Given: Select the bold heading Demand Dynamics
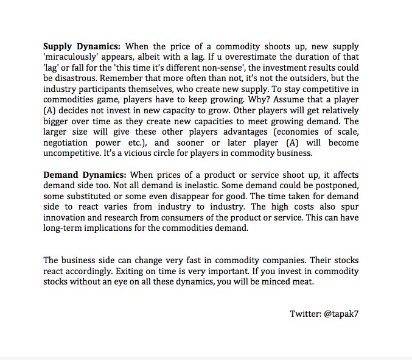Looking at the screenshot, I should [85, 175].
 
